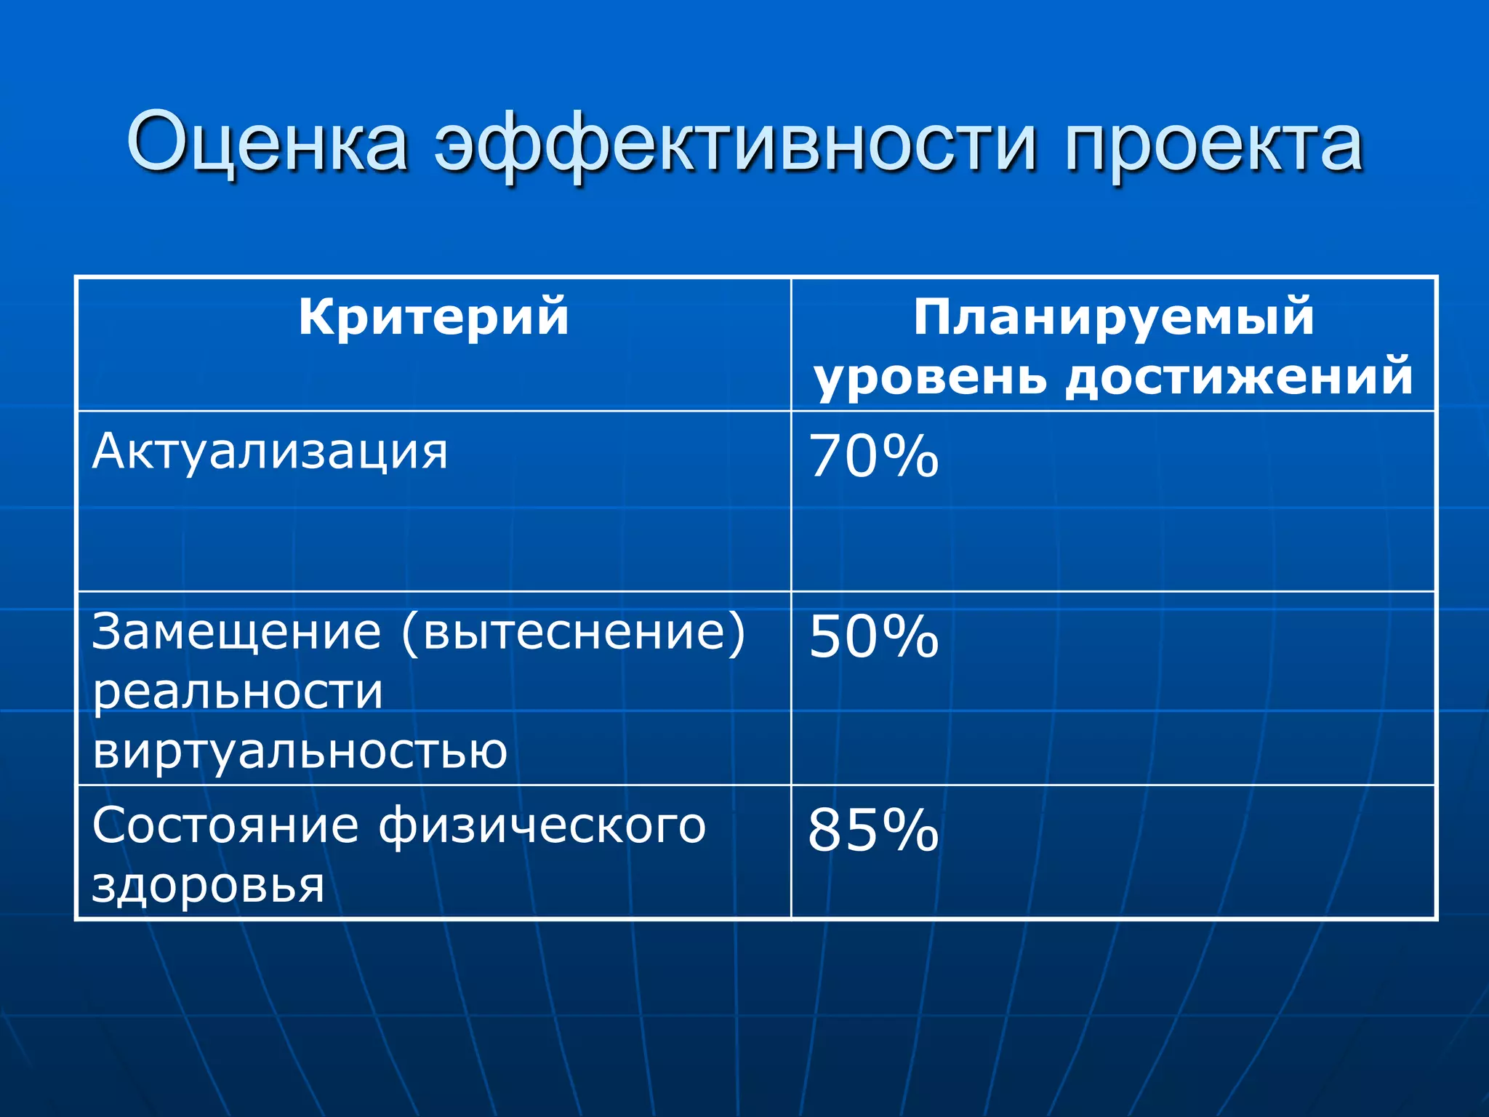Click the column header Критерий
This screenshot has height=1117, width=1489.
(x=433, y=317)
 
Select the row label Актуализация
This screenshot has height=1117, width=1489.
(x=270, y=452)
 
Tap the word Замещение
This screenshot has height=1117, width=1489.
(x=237, y=633)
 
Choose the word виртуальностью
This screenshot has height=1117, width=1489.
(x=300, y=751)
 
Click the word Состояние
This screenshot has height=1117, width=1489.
(x=225, y=826)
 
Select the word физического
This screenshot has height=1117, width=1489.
(x=542, y=828)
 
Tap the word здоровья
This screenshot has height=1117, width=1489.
(x=208, y=886)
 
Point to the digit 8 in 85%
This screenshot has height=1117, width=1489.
(x=826, y=830)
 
